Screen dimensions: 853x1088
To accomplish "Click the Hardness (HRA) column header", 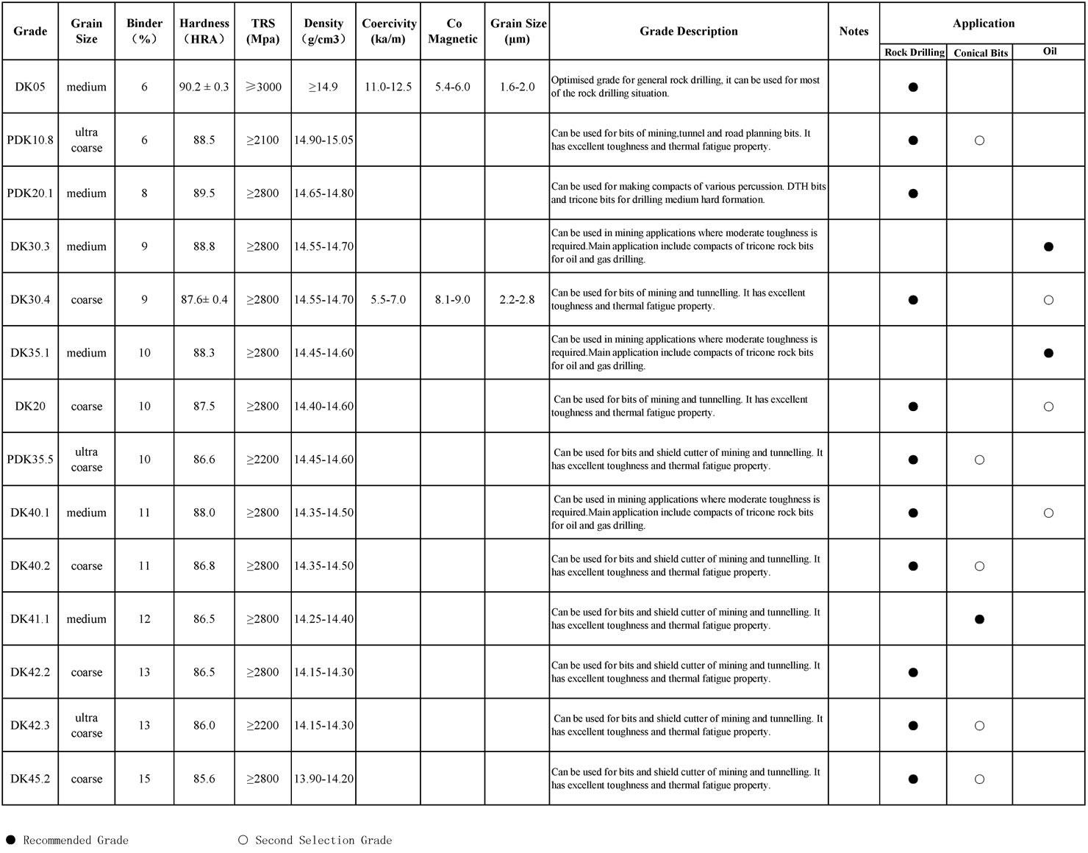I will (204, 31).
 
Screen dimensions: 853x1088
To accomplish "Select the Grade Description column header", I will (688, 31).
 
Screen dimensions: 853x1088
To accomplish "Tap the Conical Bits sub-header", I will (980, 53).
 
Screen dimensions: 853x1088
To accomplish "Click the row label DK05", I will (30, 87).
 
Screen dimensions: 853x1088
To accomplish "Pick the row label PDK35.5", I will (30, 460).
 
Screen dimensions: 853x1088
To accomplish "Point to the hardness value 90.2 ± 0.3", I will (204, 87).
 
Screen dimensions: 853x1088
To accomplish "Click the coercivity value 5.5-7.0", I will (388, 300).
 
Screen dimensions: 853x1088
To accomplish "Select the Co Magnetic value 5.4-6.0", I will (452, 87).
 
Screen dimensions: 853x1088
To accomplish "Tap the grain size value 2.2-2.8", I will (517, 300).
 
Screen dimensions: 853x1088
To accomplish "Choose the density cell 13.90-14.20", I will (323, 779).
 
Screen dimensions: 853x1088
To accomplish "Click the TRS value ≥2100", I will (262, 140).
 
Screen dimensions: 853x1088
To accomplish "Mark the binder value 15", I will (144, 779).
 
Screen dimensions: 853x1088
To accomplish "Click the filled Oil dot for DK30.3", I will (1048, 246).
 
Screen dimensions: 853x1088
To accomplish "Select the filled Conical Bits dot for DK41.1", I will (979, 619).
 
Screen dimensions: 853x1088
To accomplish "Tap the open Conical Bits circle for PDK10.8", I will (979, 140).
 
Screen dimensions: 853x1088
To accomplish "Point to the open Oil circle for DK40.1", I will (1048, 513).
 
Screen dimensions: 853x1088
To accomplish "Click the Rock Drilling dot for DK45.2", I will (913, 779).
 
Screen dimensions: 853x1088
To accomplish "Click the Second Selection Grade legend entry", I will (315, 840).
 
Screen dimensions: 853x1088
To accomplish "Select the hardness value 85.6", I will (204, 779).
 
